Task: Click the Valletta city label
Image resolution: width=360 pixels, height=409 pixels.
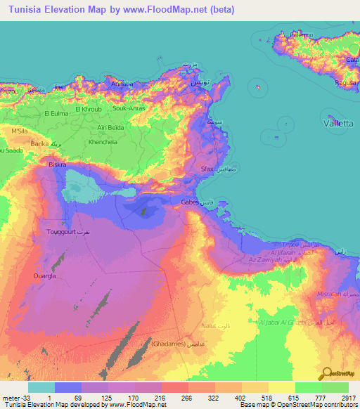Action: (337, 122)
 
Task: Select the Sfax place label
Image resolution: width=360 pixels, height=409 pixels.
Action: (207, 169)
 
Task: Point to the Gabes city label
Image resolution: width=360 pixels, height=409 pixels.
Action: (190, 202)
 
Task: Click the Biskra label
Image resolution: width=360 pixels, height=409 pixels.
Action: (56, 164)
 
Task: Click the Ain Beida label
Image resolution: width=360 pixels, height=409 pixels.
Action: (111, 127)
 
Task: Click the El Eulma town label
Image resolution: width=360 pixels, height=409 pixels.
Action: (58, 113)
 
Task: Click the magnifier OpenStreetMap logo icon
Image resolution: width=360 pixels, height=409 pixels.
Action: (326, 374)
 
